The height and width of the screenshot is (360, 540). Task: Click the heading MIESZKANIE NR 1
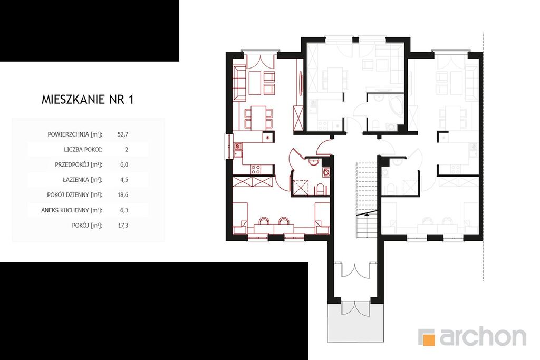(x=88, y=100)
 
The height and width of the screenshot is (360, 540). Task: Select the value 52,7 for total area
(x=122, y=134)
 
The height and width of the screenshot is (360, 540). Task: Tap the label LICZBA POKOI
(x=83, y=149)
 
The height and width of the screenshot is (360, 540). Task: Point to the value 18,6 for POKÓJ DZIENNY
(x=122, y=195)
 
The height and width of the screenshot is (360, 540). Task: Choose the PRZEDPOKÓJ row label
(x=79, y=164)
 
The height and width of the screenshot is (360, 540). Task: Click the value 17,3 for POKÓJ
(x=122, y=226)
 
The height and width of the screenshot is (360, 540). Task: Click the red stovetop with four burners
(x=256, y=169)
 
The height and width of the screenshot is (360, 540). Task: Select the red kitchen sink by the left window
(x=238, y=150)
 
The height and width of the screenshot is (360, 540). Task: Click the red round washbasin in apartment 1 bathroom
(x=313, y=162)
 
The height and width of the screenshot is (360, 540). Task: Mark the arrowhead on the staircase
(x=368, y=214)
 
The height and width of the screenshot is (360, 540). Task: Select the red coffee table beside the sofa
(x=255, y=83)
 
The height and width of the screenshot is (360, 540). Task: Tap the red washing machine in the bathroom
(x=326, y=172)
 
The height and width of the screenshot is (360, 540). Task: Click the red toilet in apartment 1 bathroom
(x=320, y=189)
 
